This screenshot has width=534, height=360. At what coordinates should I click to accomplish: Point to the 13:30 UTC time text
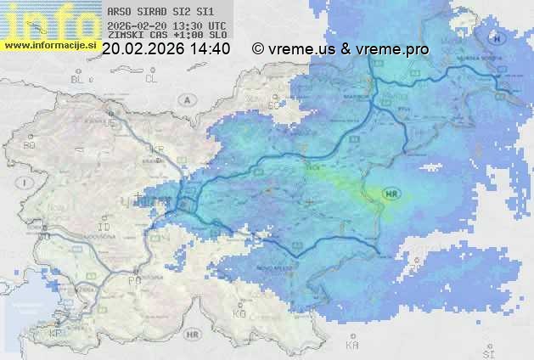[196, 25]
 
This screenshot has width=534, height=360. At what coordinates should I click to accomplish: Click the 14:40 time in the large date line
[211, 49]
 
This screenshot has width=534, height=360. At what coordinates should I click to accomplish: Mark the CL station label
[151, 79]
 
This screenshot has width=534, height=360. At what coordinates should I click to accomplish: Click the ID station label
[104, 228]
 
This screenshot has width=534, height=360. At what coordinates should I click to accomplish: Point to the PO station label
[133, 279]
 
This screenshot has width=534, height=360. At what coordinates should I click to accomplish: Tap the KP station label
[56, 333]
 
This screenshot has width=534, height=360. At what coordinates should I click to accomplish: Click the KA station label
[351, 346]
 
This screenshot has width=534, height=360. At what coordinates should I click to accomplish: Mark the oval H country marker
[496, 37]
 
